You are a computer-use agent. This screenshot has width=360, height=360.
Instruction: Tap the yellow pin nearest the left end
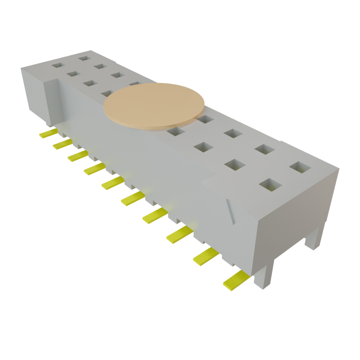click(49, 133)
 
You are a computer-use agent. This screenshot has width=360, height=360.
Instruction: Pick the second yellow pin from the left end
click(63, 144)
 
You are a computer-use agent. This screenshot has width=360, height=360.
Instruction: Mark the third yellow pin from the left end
click(77, 156)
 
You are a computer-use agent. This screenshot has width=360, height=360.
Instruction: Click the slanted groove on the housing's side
click(230, 211)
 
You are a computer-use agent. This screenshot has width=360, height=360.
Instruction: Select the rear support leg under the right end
click(314, 239)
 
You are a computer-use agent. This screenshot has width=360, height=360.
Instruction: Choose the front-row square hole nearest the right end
click(269, 184)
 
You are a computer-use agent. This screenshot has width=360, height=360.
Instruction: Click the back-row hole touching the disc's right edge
click(205, 120)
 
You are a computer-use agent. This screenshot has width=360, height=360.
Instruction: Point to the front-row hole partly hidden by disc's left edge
click(107, 93)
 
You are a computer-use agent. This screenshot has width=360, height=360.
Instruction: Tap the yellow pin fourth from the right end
click(154, 215)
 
